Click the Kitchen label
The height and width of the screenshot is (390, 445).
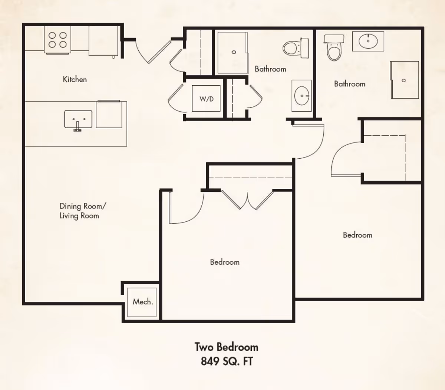click(x=75, y=79)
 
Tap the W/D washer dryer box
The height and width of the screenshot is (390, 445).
click(x=206, y=98)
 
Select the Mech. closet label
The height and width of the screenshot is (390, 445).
click(x=143, y=302)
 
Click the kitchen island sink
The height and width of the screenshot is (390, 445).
click(x=78, y=119)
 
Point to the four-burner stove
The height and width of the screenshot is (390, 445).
click(x=57, y=40)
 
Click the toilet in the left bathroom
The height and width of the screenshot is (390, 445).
click(x=296, y=48)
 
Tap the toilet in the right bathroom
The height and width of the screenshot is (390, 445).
click(x=334, y=47)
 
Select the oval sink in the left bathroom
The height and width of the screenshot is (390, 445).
click(x=302, y=96)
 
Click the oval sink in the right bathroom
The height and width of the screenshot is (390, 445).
click(x=368, y=41)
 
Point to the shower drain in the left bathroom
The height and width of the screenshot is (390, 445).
click(x=234, y=52)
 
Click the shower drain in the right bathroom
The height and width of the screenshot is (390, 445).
click(x=404, y=80)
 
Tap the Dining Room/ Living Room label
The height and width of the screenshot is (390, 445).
click(x=83, y=211)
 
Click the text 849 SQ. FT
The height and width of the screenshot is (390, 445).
click(x=227, y=361)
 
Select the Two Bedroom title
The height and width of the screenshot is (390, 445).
click(x=227, y=347)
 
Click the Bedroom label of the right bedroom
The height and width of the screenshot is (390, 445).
click(x=357, y=235)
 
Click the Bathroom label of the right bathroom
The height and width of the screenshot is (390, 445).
click(x=350, y=84)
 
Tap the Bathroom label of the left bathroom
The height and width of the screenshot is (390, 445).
click(x=270, y=69)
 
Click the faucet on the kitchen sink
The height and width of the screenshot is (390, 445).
click(x=77, y=127)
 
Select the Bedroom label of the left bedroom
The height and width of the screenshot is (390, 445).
click(x=225, y=262)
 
